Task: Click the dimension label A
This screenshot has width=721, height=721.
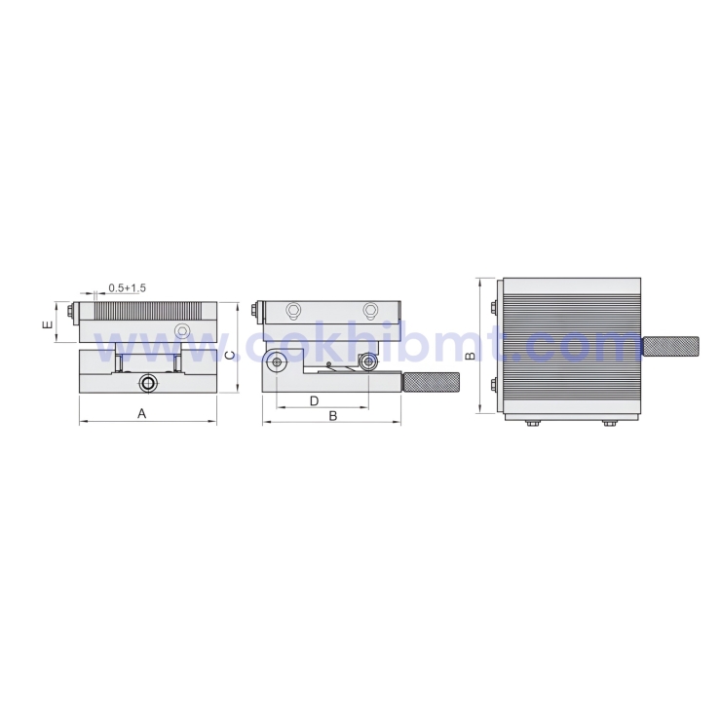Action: coord(141,414)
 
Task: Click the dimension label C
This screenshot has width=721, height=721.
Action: coord(230,355)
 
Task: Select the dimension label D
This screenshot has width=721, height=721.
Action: coord(315,400)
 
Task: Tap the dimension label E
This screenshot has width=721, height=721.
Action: coord(48,324)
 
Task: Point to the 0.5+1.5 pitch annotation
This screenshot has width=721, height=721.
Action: coord(127,287)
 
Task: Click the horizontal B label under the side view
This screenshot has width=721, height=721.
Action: coord(332,416)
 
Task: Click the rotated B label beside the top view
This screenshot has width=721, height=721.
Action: coord(470,356)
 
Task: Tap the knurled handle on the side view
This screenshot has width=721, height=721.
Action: coord(432,382)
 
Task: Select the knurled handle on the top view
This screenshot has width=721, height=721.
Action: coord(671,346)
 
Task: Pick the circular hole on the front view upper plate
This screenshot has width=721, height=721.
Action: coord(181,331)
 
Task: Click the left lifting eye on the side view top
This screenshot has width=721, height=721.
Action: coord(292,312)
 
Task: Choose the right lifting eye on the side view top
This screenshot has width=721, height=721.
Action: coord(370,312)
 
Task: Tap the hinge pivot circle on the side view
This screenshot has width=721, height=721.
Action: coord(277,362)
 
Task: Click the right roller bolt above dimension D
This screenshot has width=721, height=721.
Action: coord(368,362)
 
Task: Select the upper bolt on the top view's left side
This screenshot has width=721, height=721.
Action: coord(497,309)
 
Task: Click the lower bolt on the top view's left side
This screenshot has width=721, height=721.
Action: coord(497,383)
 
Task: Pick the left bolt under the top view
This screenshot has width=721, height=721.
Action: coord(532,423)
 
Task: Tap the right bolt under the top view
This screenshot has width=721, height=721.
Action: coord(609,423)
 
